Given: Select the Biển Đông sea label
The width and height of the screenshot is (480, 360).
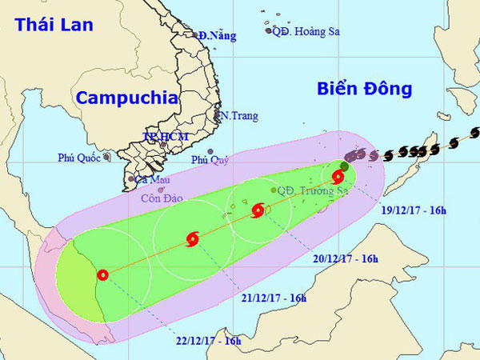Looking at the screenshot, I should pos(363,88).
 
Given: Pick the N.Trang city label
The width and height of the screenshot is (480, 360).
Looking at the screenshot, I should pos(238,116).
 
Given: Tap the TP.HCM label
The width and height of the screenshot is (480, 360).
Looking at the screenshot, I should pos(164,137).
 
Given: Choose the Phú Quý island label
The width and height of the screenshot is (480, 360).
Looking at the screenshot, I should pos(210,160).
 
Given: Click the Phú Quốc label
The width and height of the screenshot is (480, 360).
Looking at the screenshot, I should pos(79,158).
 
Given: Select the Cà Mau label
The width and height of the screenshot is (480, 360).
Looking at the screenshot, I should pos(150,180).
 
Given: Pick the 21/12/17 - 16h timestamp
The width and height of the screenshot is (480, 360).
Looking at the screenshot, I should pos(274,298).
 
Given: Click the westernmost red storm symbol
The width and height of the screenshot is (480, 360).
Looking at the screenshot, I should pos(102,275).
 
